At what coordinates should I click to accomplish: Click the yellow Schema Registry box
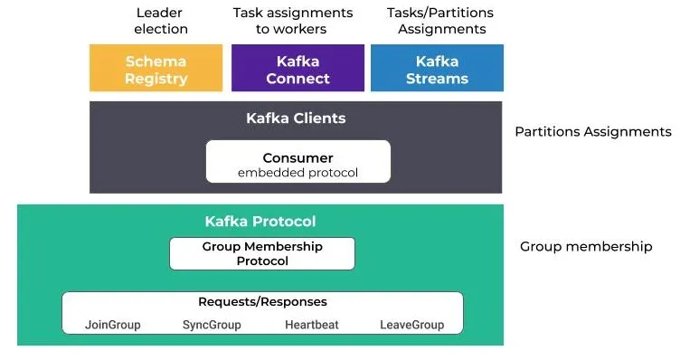point(156,69)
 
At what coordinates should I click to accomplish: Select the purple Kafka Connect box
point(297,69)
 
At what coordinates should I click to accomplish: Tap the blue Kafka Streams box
point(437,69)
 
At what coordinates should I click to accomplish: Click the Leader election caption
point(161,21)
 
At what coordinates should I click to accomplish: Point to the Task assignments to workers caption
point(292,21)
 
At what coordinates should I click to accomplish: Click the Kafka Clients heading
point(296,118)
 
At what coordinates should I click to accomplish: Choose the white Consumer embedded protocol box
point(297,162)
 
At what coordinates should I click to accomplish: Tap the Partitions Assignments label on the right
point(592,132)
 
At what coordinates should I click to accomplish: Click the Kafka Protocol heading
point(260,222)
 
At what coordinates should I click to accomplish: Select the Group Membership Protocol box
point(262,253)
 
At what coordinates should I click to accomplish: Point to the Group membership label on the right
point(586,246)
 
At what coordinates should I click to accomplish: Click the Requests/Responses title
point(262,302)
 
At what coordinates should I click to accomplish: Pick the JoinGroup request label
point(113,324)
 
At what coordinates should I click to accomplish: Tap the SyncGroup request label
point(212,324)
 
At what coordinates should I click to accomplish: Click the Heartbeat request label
point(311,324)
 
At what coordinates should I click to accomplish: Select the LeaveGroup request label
point(412,324)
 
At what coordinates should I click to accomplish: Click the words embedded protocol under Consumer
point(297,173)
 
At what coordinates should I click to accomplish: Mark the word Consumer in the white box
point(297,157)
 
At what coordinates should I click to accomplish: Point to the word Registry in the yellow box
point(156,79)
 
